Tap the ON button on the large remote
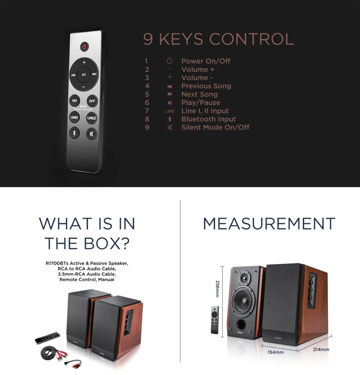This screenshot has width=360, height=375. (x=74, y=100)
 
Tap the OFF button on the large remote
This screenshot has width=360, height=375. (x=92, y=101)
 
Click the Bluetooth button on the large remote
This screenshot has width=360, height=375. (x=74, y=132)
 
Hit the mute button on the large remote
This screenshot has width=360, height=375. (x=91, y=134)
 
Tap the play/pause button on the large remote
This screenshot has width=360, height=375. (x=84, y=74)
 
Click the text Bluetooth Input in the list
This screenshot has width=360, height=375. (x=209, y=119)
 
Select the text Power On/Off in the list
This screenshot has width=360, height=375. (x=206, y=61)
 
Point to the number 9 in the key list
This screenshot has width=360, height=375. (x=147, y=127)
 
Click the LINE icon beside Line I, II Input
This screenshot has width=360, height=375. (x=170, y=111)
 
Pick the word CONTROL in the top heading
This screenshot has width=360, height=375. (x=252, y=39)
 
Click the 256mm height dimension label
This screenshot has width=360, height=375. (x=217, y=289)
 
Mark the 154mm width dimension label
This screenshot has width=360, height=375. (x=276, y=352)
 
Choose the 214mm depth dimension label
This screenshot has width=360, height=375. (x=321, y=349)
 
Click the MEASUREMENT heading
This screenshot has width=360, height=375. (x=269, y=224)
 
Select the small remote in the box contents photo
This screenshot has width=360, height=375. (x=47, y=338)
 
